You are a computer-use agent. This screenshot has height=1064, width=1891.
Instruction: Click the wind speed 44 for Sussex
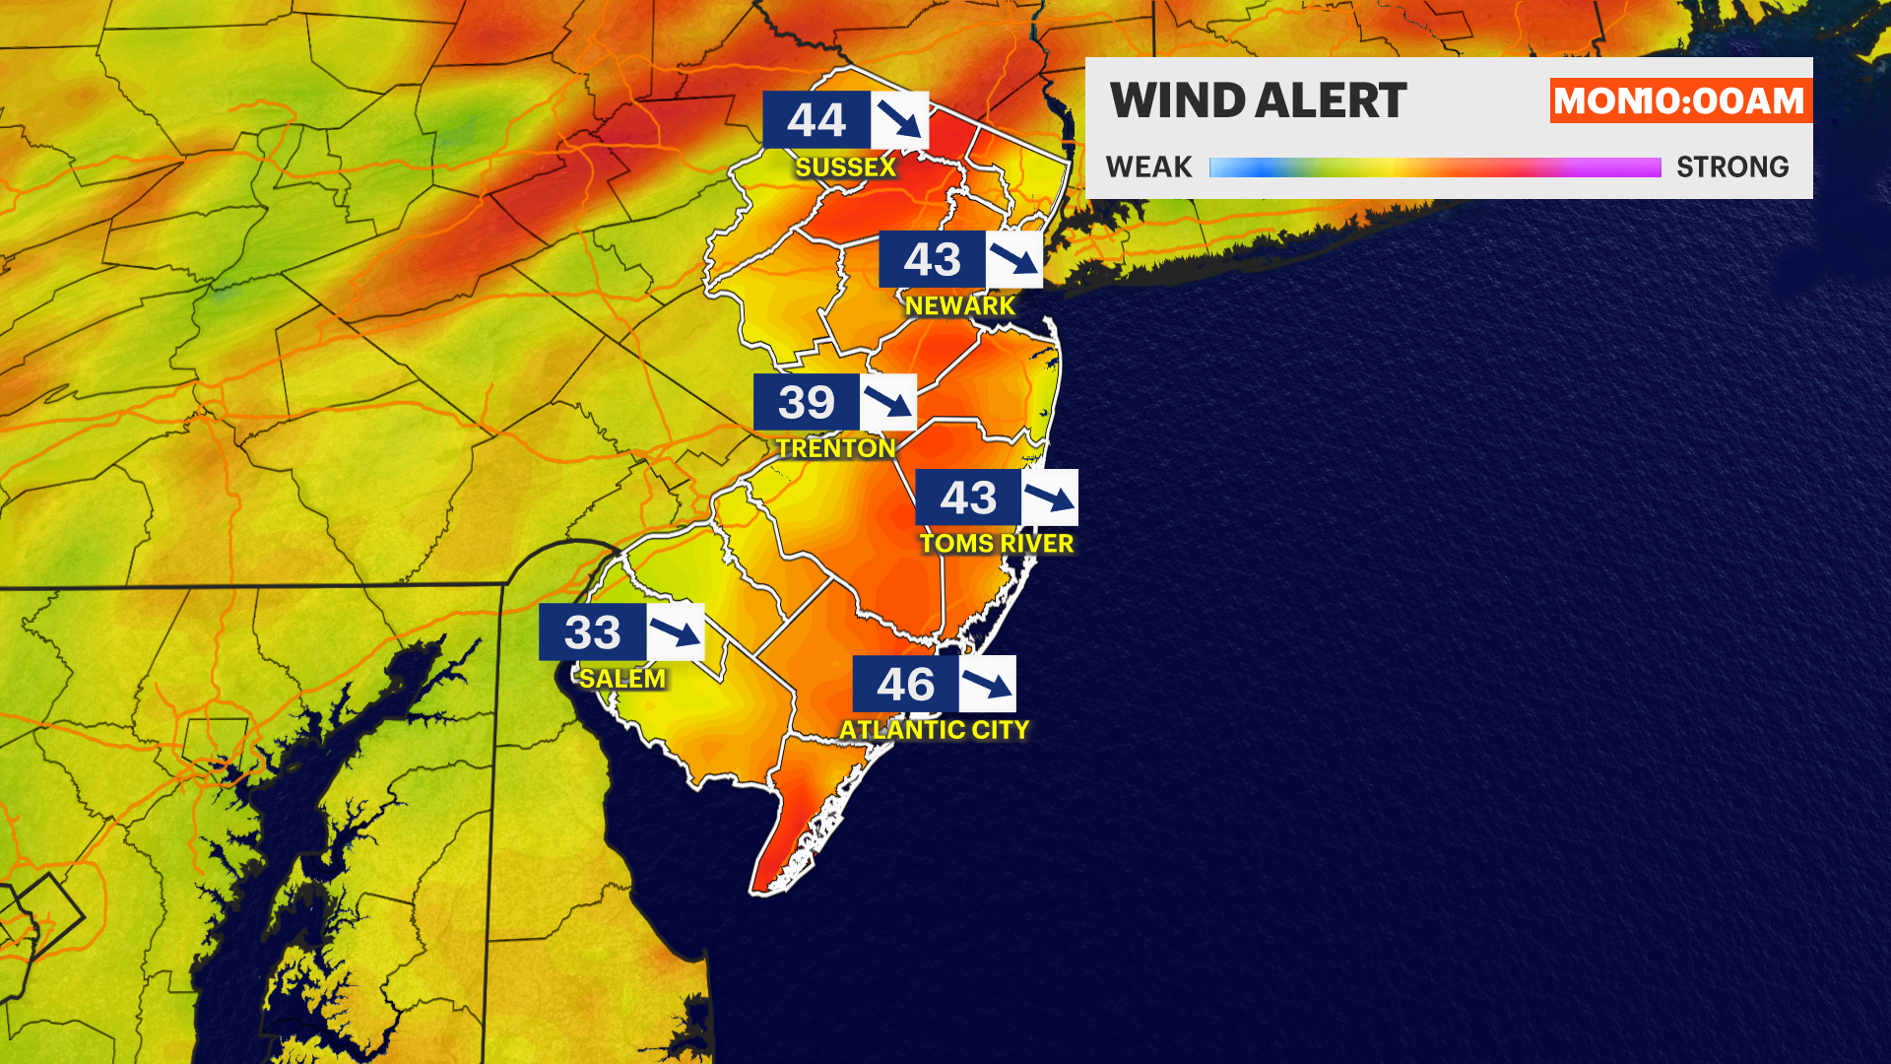816,120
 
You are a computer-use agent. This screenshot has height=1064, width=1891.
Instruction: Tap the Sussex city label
845,167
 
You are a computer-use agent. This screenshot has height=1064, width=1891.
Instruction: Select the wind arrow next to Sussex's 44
899,120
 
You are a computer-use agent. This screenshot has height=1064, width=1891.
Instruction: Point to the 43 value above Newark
932,259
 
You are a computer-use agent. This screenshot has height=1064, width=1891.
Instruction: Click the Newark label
959,306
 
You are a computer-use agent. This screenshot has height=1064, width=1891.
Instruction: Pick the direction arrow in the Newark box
1014,259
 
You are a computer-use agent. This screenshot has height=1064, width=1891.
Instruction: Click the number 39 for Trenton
807,402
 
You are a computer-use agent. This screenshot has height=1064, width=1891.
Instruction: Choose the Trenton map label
835,448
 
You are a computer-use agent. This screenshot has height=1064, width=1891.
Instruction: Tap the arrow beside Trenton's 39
888,402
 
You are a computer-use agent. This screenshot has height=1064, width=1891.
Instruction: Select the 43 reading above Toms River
968,498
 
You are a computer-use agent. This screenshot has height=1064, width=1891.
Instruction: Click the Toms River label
997,544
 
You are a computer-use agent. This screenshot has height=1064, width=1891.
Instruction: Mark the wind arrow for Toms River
1050,498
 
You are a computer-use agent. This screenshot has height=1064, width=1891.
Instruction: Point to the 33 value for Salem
592,632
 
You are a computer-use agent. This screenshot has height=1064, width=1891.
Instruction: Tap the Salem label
621,679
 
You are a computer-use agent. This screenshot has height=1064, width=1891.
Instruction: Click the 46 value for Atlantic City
905,684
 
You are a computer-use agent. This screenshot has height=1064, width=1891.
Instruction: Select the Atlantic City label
934,730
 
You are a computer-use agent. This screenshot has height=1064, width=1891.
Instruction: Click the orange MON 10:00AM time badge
1679,100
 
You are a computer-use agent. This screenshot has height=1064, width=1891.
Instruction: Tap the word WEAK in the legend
1148,167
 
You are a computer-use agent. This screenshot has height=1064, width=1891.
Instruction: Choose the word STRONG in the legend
1732,167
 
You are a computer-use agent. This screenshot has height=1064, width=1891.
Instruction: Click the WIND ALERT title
1258,100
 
